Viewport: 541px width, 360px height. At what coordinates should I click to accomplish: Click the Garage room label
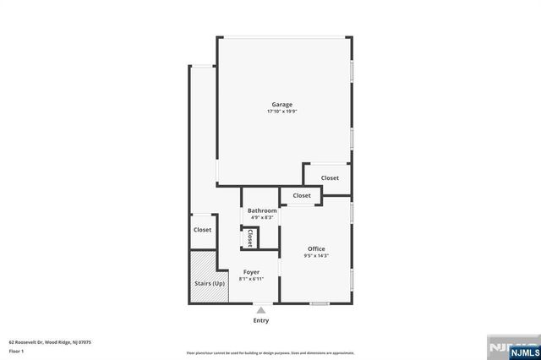pos(281,105)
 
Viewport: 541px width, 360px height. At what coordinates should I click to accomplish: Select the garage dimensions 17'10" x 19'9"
pos(281,112)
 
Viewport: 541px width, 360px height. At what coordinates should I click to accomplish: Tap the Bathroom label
pos(262,210)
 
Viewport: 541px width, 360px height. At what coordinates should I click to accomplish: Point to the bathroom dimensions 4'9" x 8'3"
pos(262,217)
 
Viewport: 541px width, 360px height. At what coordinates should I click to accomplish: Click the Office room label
pos(316,248)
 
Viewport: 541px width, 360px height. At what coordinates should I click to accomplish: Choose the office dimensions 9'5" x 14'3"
pos(316,255)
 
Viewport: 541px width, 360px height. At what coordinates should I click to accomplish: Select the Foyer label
pos(251,272)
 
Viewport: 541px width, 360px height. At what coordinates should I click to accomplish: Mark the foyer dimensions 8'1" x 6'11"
pos(251,279)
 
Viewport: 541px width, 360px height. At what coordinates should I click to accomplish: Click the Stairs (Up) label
pos(207,283)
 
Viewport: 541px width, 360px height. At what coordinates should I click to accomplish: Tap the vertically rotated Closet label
pos(250,239)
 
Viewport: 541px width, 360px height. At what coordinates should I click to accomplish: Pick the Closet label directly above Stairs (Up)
pos(203,230)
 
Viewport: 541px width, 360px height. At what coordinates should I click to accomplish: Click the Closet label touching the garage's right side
pos(329,178)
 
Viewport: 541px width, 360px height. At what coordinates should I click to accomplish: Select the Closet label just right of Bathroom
pos(302,195)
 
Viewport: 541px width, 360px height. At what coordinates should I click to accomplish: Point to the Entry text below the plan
pos(261,320)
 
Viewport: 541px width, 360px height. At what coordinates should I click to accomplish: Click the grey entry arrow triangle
pos(261,310)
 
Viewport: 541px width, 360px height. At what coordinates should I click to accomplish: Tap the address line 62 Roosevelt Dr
pos(50,342)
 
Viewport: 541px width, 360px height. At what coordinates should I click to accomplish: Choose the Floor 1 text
pos(16,351)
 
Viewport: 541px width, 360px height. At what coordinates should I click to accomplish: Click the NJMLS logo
pos(514,348)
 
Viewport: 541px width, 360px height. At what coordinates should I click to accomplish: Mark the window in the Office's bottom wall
pos(320,303)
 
